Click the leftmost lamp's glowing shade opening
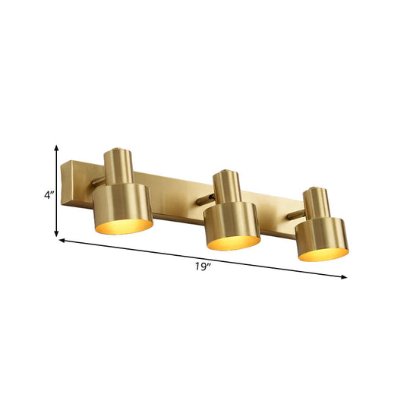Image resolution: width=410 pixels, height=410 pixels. click(124, 225)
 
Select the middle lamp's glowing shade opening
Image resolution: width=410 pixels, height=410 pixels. click(234, 242)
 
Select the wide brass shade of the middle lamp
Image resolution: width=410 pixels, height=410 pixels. click(232, 220)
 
